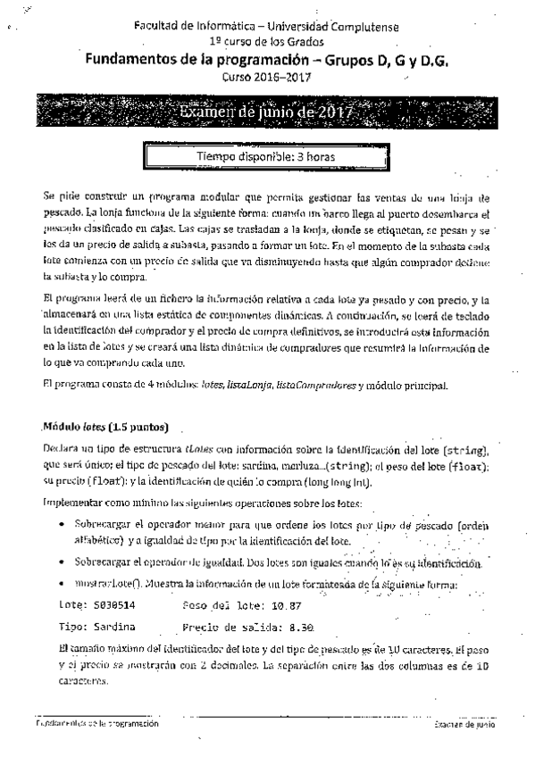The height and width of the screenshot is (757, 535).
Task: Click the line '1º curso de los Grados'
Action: click(266, 41)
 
